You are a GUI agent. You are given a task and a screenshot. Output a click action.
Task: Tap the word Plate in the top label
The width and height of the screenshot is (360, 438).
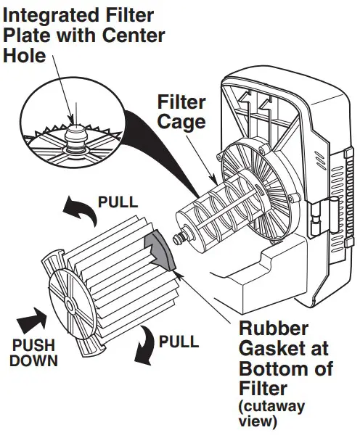(25, 35)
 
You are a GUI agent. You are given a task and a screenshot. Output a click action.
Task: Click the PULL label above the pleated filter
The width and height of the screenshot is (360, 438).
(117, 201)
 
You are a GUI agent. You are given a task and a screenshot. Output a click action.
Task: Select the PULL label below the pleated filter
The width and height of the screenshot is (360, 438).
(179, 341)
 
